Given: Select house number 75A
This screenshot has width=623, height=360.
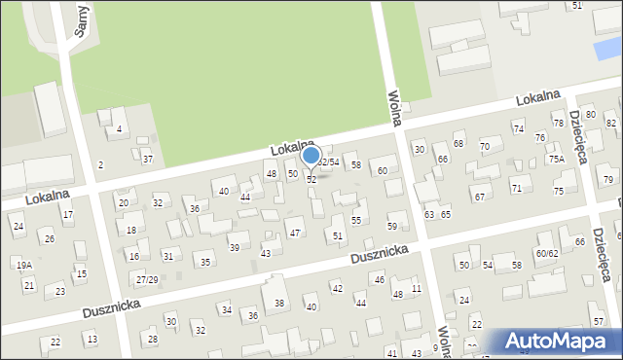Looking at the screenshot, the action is coord(556,159).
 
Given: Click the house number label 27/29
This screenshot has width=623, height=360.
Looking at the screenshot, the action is coord(147,279).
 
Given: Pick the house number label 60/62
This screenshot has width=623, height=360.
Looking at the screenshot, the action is coord(546,253).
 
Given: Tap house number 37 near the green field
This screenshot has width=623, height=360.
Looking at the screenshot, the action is coord(147,159).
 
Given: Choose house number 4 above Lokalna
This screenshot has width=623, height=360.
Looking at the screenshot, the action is coord(119,129).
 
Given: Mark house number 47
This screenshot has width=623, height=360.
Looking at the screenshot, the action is coord(294,234).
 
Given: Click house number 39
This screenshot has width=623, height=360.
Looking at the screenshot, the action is coord(234,248).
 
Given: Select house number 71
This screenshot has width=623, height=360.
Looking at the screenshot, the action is coord(516,188).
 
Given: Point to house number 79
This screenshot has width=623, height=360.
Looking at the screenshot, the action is coord(607,180).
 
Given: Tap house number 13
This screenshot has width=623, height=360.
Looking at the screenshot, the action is coord(92,339).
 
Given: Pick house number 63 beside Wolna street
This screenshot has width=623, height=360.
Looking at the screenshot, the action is coord(428,214).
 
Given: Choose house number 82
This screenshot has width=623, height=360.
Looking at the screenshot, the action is coord(611,124).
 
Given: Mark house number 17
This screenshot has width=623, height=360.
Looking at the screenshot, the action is coord(67,214).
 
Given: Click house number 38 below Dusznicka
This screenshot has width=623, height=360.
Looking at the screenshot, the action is coord(279,304).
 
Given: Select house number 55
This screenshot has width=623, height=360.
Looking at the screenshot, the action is coord(356,221).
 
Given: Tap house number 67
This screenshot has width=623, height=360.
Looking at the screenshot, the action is coord(479,197).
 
